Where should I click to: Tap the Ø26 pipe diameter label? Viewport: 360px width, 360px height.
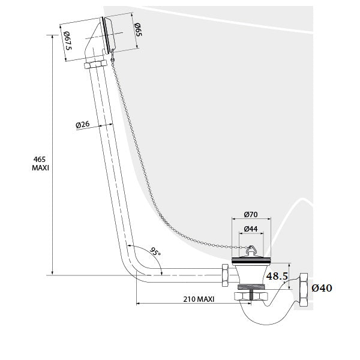83,125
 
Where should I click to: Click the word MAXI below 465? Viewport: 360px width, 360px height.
40,168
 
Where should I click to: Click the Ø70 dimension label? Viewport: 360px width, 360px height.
251,214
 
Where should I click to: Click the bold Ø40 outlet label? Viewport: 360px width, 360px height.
322,289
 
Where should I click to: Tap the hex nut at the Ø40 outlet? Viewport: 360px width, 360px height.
303,290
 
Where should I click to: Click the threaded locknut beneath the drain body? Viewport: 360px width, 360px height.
250,296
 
